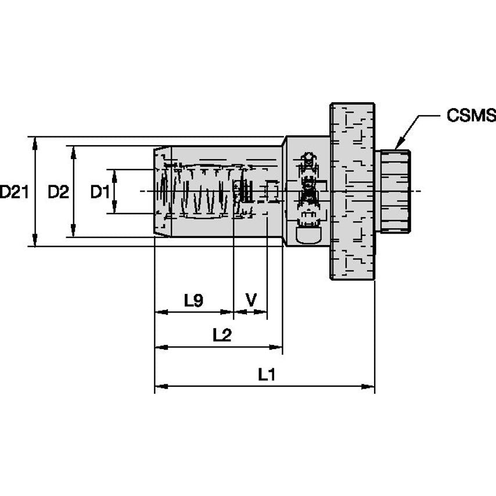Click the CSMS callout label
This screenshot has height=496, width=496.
471,115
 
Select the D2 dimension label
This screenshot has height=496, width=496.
57,191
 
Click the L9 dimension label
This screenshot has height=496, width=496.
193,300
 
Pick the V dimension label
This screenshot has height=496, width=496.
251,300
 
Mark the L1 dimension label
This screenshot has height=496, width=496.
267,375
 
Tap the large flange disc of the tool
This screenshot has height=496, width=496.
352,191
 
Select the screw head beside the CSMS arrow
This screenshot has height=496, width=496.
393,191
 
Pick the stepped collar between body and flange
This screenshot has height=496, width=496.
306,191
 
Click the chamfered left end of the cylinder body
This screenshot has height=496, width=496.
162,191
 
